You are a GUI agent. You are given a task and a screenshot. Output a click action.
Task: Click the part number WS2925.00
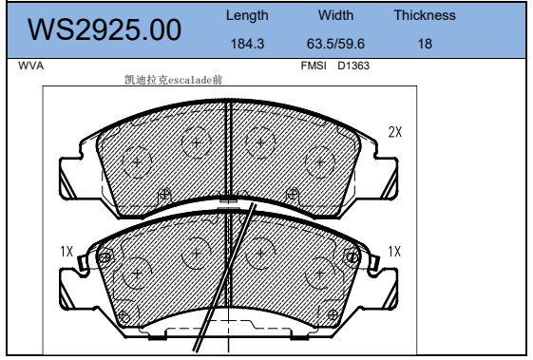coord(105,29)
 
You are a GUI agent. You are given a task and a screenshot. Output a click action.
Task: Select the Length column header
coord(247,15)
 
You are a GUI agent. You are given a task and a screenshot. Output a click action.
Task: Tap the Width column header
coord(335,15)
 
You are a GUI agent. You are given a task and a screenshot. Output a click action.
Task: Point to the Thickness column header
coord(425,15)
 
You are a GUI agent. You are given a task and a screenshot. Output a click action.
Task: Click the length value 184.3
coord(247,44)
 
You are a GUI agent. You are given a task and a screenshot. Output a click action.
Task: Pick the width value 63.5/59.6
coord(335,44)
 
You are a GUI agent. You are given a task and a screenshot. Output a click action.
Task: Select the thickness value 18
coord(425,44)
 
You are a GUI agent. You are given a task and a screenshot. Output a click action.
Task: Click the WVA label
coord(31,66)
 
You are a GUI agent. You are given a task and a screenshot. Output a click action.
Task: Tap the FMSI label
coord(314,66)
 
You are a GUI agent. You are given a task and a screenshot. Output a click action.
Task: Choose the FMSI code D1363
coord(353,66)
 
